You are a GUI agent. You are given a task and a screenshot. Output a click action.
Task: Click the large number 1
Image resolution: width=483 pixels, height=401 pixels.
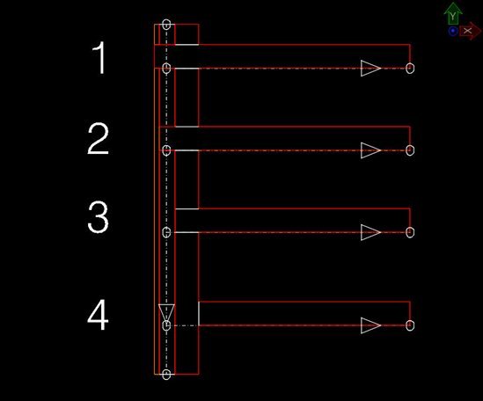100,58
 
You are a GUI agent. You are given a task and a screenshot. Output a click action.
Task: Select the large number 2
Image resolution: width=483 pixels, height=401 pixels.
98,138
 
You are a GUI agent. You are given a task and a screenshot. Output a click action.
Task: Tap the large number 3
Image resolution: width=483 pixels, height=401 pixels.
98,217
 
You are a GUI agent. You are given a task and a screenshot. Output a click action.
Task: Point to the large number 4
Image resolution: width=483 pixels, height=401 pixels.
98,315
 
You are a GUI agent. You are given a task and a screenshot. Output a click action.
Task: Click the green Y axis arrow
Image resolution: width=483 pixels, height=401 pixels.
453,13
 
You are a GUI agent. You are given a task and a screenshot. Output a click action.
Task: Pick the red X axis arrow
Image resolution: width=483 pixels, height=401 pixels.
471,31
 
